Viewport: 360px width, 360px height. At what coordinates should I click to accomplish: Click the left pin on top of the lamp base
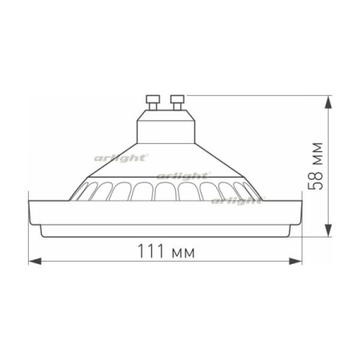click(x=154, y=102)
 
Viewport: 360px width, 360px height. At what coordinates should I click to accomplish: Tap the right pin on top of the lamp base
click(x=177, y=102)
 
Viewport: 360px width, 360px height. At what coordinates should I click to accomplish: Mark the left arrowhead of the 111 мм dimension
click(x=33, y=261)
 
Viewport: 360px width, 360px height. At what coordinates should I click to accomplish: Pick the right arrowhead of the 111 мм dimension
click(x=298, y=261)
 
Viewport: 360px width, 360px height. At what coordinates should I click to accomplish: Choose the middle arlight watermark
click(x=182, y=174)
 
